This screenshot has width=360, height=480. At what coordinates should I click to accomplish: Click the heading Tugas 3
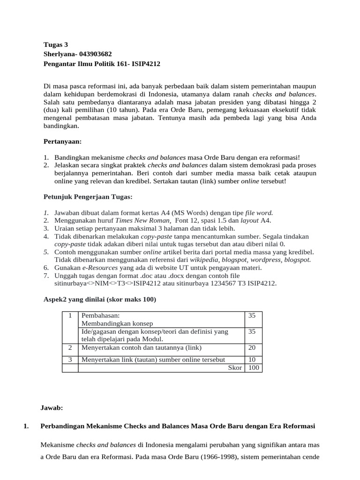[56, 45]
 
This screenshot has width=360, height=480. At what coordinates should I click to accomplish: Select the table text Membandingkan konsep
[117, 323]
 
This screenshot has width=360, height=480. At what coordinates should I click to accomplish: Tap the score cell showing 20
[252, 347]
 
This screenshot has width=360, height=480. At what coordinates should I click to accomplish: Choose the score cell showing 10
[252, 360]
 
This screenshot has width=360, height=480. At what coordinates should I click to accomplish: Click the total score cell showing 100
[254, 367]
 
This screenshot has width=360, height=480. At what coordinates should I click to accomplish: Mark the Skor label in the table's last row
[235, 367]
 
